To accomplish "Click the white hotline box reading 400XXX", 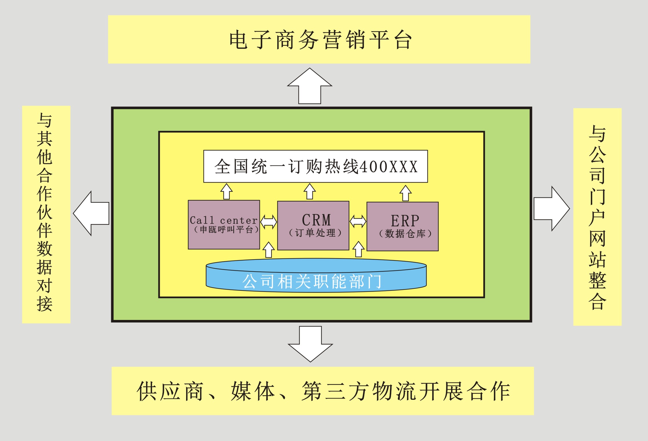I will point(316,166).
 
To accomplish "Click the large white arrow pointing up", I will point(310,86).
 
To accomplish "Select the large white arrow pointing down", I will point(310,344).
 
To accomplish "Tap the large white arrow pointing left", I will point(91,213).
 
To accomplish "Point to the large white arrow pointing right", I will point(552,209).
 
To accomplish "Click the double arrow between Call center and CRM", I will point(269,222).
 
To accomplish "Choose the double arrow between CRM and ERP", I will point(358,222).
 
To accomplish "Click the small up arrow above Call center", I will point(226,191).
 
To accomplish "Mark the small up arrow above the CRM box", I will point(310,191).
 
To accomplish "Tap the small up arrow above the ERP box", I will point(405,193).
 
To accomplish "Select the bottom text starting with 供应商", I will point(323,391).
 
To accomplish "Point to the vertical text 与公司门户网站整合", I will point(597,217).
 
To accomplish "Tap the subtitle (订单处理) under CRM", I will point(315,233).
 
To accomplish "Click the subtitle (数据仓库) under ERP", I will point(405,234).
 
